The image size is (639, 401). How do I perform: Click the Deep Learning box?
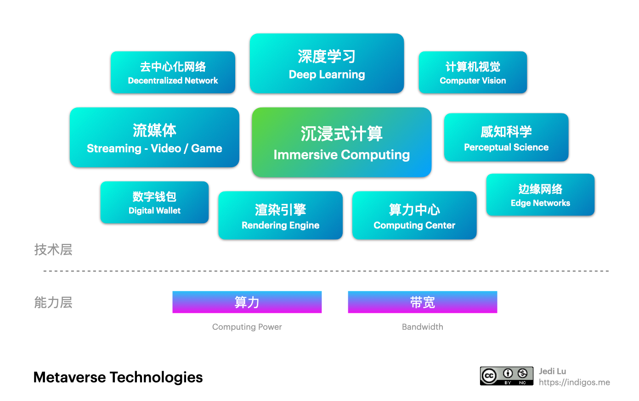pos(327,63)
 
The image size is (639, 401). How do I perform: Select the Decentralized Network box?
pos(173,73)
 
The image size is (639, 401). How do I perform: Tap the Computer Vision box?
pos(472,73)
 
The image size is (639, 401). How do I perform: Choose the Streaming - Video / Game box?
pos(154,137)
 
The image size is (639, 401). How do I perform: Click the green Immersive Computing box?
pos(341,142)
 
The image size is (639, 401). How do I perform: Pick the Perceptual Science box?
pos(506,137)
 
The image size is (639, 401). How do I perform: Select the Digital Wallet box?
pos(154,203)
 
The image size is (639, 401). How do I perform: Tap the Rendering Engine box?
pos(280,215)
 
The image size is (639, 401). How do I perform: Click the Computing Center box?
pos(414,215)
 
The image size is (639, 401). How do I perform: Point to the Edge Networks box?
pos(540,195)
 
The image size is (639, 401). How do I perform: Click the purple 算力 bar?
pos(247,302)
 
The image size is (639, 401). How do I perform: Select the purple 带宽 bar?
pos(422,302)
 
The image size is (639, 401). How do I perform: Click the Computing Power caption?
pos(247,327)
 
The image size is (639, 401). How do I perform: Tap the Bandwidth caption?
pos(422,327)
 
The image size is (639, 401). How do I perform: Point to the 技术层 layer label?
pos(53,250)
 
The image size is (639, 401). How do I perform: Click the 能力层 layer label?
pos(53,303)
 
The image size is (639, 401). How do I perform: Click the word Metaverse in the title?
pos(70,378)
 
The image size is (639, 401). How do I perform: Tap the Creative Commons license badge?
pos(506,376)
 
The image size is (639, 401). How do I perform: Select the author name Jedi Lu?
pos(552,371)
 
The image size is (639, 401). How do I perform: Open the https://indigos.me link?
pos(574,382)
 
